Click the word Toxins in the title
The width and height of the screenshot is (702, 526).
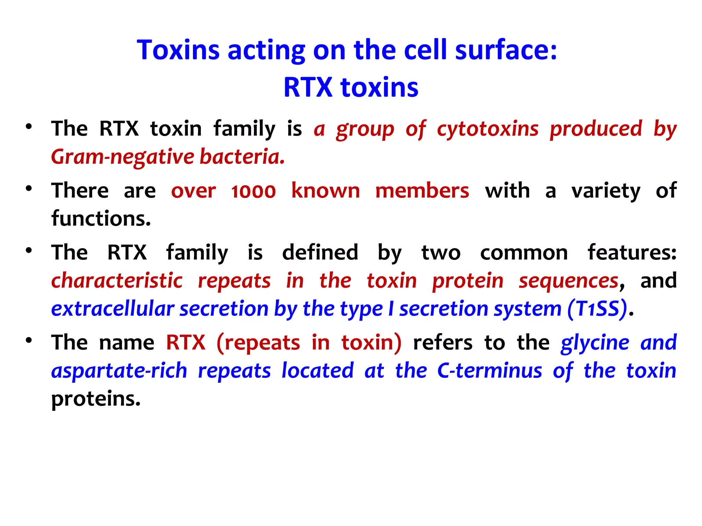(x=178, y=50)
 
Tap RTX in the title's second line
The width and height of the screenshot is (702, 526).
(x=307, y=88)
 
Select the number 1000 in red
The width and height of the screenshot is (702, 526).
(x=253, y=191)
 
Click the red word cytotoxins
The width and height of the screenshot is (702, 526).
(x=487, y=129)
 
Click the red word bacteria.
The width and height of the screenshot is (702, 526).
(x=242, y=157)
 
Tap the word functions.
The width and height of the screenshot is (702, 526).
(x=101, y=219)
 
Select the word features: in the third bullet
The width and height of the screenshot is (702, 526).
(x=632, y=253)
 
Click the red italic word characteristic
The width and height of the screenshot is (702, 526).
(x=117, y=281)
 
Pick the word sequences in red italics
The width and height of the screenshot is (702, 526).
(x=568, y=281)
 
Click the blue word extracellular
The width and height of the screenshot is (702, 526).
(x=113, y=309)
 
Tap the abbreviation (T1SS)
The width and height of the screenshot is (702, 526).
(x=597, y=309)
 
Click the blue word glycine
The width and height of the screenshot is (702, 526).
(x=595, y=343)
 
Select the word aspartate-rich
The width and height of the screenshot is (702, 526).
(x=119, y=371)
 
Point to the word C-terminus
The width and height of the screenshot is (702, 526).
(x=489, y=371)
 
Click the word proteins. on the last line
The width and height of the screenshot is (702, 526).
(x=96, y=399)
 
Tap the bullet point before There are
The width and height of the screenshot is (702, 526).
(x=29, y=189)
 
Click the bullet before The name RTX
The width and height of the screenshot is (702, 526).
(x=29, y=340)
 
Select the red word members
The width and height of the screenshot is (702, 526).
(x=422, y=191)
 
